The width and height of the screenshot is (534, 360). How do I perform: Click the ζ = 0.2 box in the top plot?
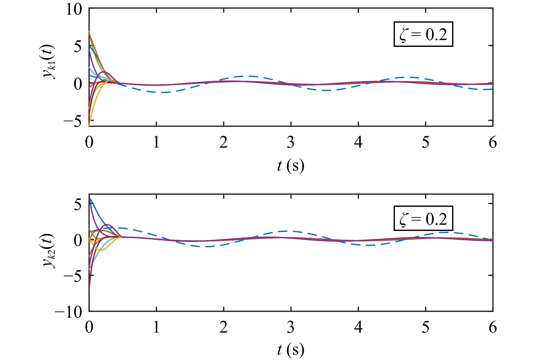point(423,34)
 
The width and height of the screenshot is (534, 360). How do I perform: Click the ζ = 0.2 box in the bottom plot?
point(423,219)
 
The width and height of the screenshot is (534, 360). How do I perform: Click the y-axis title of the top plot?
point(49,62)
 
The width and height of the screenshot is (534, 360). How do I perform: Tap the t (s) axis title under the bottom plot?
point(291,350)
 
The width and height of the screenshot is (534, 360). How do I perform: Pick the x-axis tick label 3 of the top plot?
point(291,142)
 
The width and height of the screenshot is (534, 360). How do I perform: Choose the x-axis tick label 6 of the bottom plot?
point(493,327)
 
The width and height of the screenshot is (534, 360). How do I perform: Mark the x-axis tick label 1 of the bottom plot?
point(156,327)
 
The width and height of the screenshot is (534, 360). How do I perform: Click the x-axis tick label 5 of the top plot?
point(426,142)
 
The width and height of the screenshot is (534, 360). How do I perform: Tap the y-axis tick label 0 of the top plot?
point(78,84)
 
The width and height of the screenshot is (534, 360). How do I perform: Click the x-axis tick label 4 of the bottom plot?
point(358,327)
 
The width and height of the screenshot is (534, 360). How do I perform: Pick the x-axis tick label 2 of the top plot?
point(223,142)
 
